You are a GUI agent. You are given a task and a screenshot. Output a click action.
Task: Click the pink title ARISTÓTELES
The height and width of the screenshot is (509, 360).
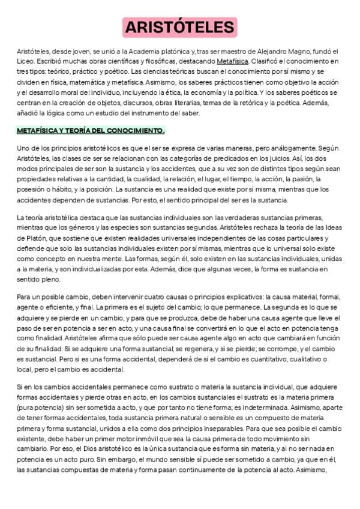click(179, 28)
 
